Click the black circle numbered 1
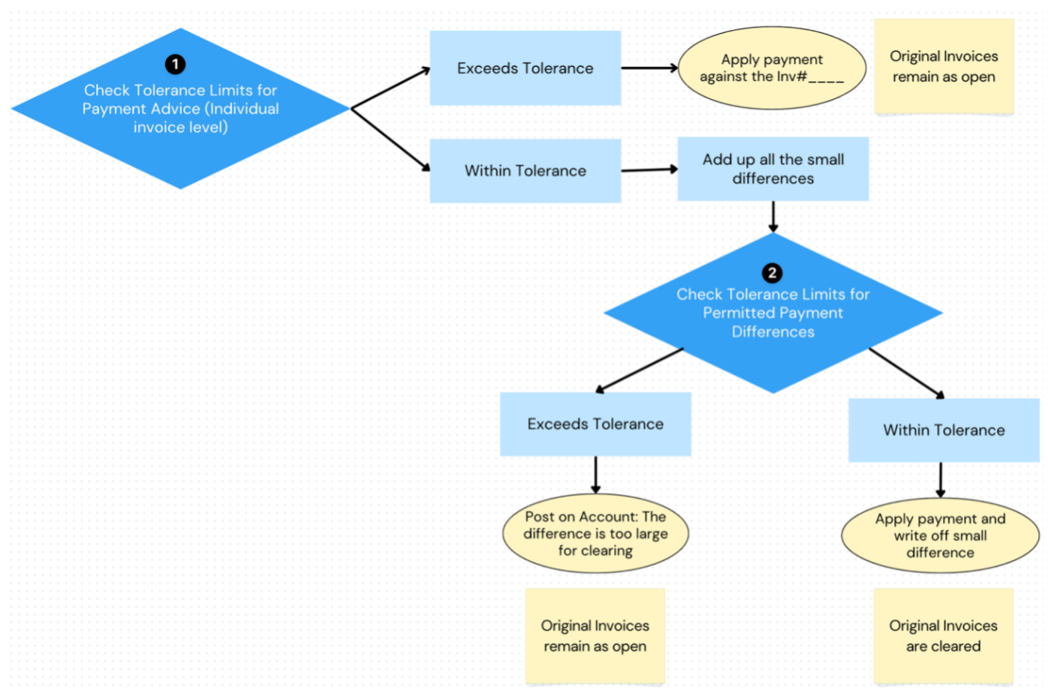pos(175,64)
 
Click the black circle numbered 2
pos(772,273)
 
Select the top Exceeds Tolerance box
pos(525,68)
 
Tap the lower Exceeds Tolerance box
pos(595,424)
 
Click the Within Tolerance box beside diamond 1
pos(525,171)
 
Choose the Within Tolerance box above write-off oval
pos(944,430)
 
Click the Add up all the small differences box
pos(772,169)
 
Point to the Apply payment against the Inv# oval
pos(772,68)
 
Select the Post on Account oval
pos(595,533)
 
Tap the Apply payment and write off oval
pos(940,535)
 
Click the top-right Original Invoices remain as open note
pos(944,67)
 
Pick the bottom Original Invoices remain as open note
pos(595,635)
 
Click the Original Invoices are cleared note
pos(943,635)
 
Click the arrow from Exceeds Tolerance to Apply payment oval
pos(649,68)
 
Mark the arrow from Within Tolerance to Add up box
pos(649,170)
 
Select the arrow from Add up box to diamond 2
pos(772,217)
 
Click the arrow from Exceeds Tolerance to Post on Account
pos(595,475)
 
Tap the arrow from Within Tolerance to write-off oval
pos(940,480)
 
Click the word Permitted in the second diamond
pos(735,313)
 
